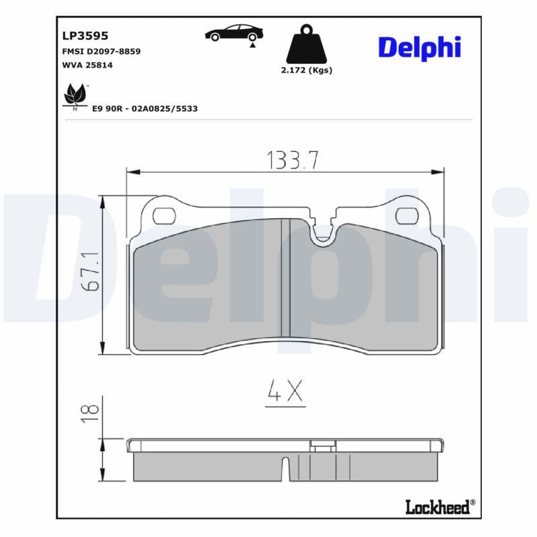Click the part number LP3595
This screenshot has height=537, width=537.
coord(85,36)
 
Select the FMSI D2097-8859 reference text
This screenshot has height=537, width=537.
coord(101,52)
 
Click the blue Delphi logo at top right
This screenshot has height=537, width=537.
coord(420,47)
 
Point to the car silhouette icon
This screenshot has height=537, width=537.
coord(234,34)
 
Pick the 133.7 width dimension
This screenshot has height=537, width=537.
coord(293,160)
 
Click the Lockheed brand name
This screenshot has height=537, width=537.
coord(438,507)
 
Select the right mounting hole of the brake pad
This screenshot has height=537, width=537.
coord(406,215)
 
